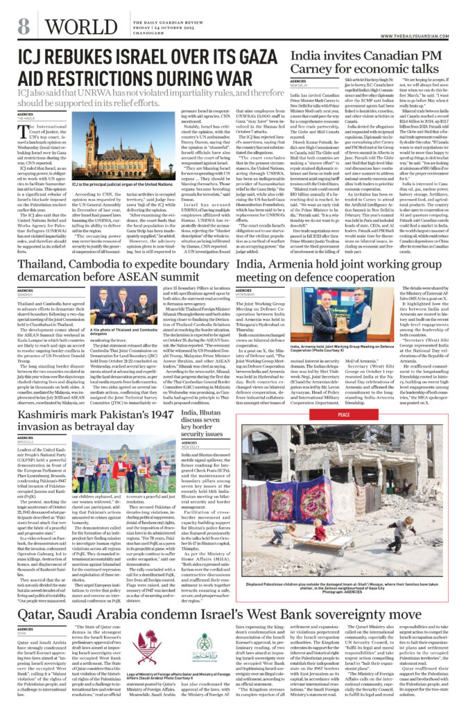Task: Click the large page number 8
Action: (24, 26)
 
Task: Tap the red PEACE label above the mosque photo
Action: (344, 415)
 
